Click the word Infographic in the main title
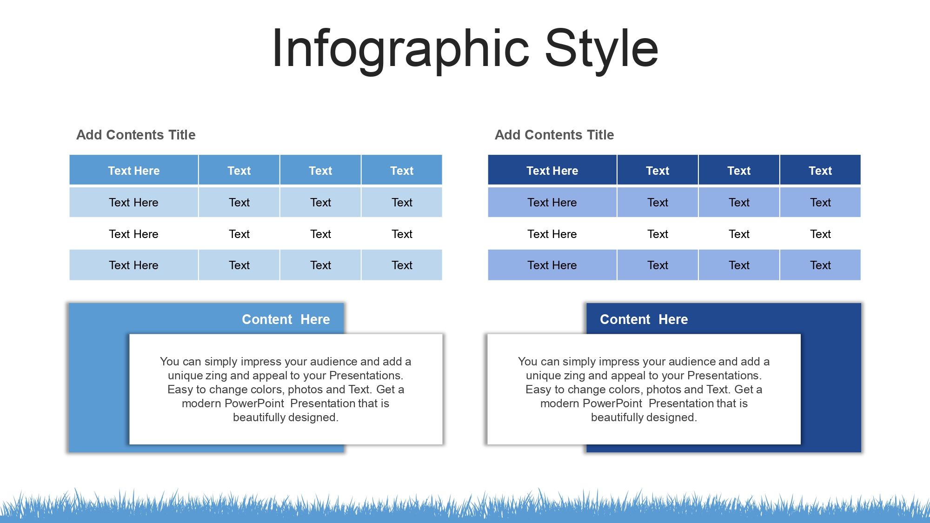point(401,49)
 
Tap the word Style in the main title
point(602,49)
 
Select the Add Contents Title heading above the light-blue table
point(136,135)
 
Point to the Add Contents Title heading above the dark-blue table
point(554,135)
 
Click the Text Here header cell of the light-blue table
point(134,170)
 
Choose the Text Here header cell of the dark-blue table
point(552,170)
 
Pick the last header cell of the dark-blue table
point(820,170)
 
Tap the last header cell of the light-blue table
point(402,170)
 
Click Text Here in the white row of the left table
point(134,234)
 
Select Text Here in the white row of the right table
point(552,234)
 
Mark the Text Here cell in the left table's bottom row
point(134,265)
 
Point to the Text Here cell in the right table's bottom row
point(552,265)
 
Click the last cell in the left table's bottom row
point(402,265)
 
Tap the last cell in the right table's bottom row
point(820,265)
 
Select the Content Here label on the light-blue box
point(286,319)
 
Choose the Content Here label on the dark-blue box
point(644,319)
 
